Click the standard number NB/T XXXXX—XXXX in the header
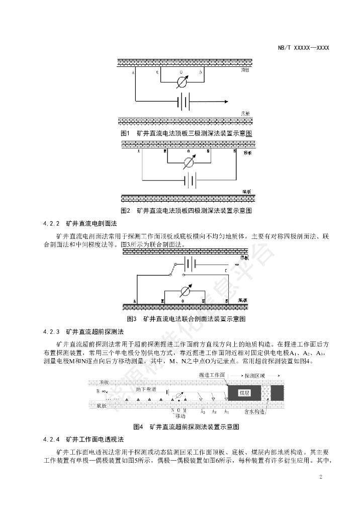click(303, 48)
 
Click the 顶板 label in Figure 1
click(245, 70)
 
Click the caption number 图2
click(126, 210)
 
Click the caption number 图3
click(133, 319)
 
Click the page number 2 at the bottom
click(320, 477)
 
